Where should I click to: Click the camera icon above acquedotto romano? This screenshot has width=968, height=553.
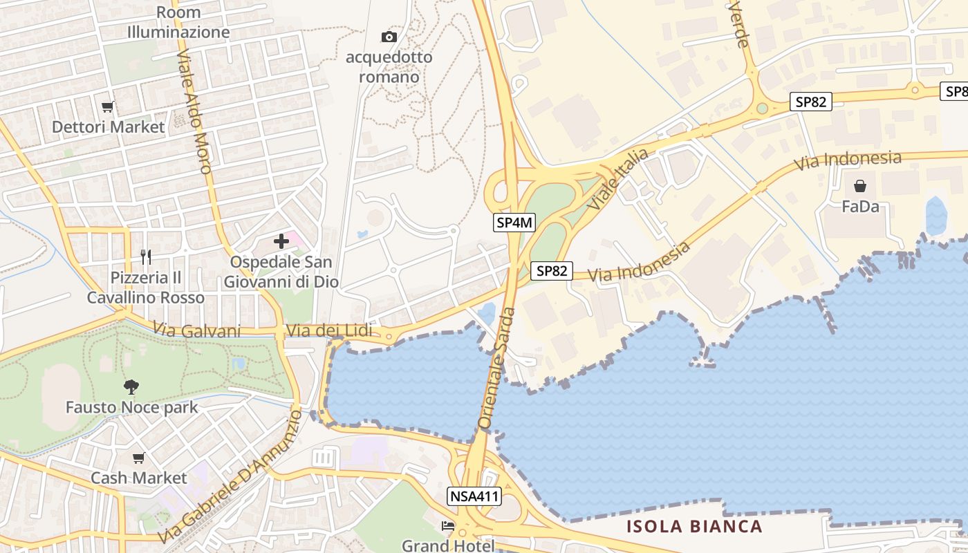(389, 37)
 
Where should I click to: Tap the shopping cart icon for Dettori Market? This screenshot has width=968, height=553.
(107, 106)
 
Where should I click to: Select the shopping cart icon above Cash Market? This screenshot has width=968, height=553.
(139, 458)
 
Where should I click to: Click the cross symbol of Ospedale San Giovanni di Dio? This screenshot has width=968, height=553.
(281, 241)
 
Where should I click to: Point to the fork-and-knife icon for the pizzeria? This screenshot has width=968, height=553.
(145, 257)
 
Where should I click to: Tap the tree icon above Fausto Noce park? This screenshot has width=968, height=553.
(131, 387)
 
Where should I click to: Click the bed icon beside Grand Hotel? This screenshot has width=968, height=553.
(448, 526)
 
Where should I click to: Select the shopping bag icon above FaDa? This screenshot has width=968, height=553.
(860, 185)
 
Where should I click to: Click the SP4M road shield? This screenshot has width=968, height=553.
(514, 223)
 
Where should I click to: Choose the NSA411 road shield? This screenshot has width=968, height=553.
(474, 496)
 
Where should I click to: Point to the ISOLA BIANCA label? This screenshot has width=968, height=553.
(694, 527)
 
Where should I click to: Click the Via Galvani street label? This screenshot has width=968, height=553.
(197, 331)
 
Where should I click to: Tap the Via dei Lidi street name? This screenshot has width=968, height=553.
(328, 331)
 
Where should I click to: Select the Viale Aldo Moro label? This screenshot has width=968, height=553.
(194, 111)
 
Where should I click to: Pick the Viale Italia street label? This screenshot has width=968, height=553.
(617, 179)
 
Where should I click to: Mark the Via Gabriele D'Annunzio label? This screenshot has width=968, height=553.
(231, 477)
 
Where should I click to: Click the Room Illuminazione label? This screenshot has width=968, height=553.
(178, 22)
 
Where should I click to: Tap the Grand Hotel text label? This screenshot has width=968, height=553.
(448, 545)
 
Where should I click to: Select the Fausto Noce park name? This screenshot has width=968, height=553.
(131, 407)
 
